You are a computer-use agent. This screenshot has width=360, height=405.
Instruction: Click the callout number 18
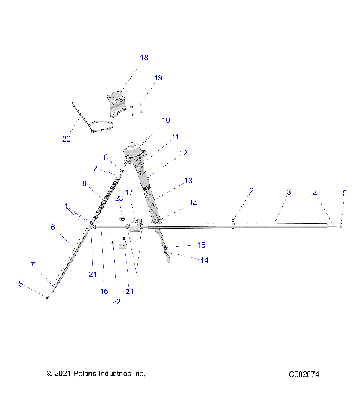click(144, 58)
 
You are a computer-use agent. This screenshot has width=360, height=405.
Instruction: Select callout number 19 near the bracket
click(158, 78)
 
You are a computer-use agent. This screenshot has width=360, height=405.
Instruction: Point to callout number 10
click(166, 120)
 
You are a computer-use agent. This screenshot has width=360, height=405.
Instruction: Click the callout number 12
click(182, 152)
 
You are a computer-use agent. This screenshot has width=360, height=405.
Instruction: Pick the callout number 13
click(188, 181)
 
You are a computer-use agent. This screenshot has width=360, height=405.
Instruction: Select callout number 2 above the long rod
click(251, 191)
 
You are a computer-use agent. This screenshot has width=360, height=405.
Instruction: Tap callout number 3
click(289, 193)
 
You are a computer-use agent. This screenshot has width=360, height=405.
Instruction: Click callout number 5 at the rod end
click(345, 193)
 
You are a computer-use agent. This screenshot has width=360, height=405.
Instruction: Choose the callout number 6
click(52, 227)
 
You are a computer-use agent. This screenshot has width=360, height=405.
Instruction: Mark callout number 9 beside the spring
click(85, 183)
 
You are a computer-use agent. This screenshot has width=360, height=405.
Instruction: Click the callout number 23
click(118, 198)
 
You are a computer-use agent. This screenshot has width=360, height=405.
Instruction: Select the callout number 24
click(93, 274)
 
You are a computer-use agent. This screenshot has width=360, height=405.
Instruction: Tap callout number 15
click(201, 245)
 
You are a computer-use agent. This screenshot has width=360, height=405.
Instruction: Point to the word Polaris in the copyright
click(73, 373)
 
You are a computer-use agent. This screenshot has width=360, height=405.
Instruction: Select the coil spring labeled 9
click(107, 202)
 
